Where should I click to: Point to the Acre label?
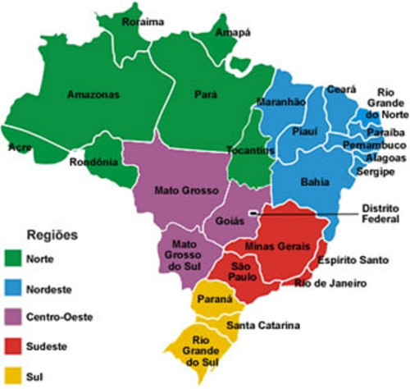coord(19,148)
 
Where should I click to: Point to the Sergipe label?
coord(375,172)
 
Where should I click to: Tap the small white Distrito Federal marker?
coord(254,213)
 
